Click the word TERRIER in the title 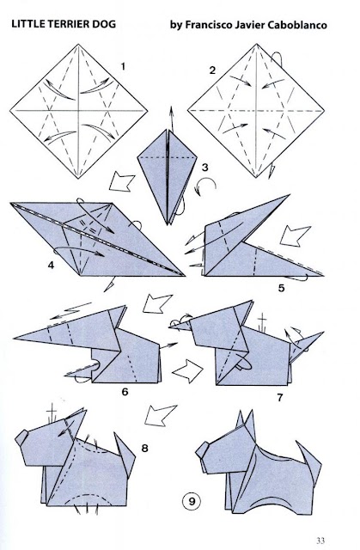pos(65,24)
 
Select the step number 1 pos(123,66)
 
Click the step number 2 pos(212,70)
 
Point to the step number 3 pos(204,168)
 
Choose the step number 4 pos(52,266)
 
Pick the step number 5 pos(281,289)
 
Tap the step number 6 pos(125,392)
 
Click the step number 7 pos(279,398)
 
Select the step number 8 pos(144,448)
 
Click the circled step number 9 pos(192,501)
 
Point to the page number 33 pos(320,541)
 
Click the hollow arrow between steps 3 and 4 pos(121,182)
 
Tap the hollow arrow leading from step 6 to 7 pos(187,370)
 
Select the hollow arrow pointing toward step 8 pos(160,415)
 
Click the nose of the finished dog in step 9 pos(202,450)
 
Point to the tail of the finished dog pos(308,458)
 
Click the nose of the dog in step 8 pos(21,437)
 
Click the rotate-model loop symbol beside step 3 pos(204,186)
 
